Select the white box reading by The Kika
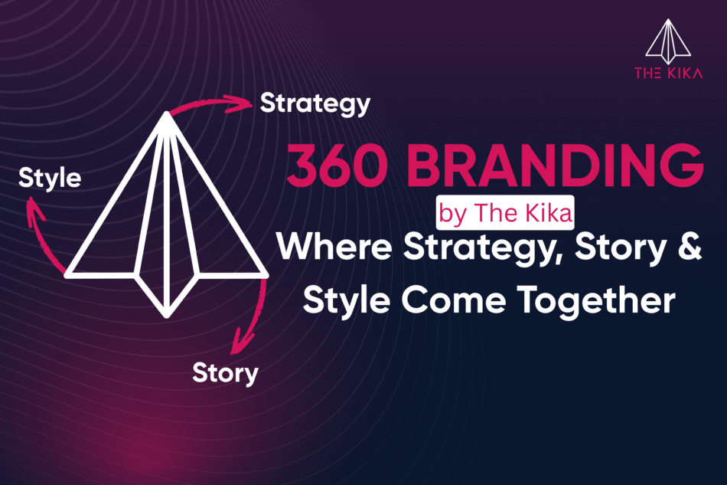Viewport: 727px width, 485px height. tap(505, 214)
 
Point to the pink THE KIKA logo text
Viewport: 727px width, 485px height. tap(668, 74)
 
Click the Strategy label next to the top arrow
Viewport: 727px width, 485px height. tap(315, 103)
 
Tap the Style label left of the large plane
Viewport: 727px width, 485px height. tap(50, 179)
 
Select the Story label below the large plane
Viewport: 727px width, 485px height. tap(225, 373)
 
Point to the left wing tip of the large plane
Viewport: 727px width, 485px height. tap(68, 273)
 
